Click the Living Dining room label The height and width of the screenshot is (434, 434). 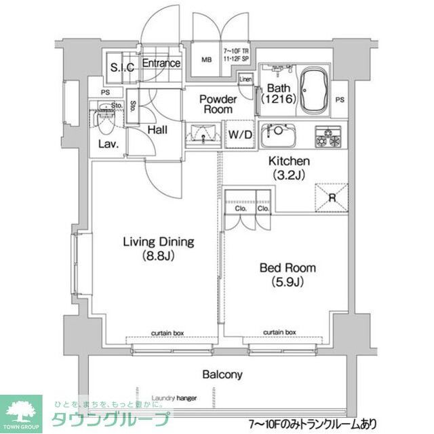click(158, 248)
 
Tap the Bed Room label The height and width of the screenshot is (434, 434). click(287, 274)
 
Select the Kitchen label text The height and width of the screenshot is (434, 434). click(290, 168)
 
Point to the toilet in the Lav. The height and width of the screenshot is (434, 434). click(105, 121)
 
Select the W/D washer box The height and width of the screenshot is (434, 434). click(240, 134)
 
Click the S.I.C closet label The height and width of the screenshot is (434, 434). click(122, 66)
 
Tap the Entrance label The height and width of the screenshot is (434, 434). click(161, 64)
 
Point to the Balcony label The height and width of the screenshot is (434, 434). click(222, 374)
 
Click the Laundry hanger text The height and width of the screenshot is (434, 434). click(174, 398)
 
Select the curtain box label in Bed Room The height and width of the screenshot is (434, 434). click(279, 332)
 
